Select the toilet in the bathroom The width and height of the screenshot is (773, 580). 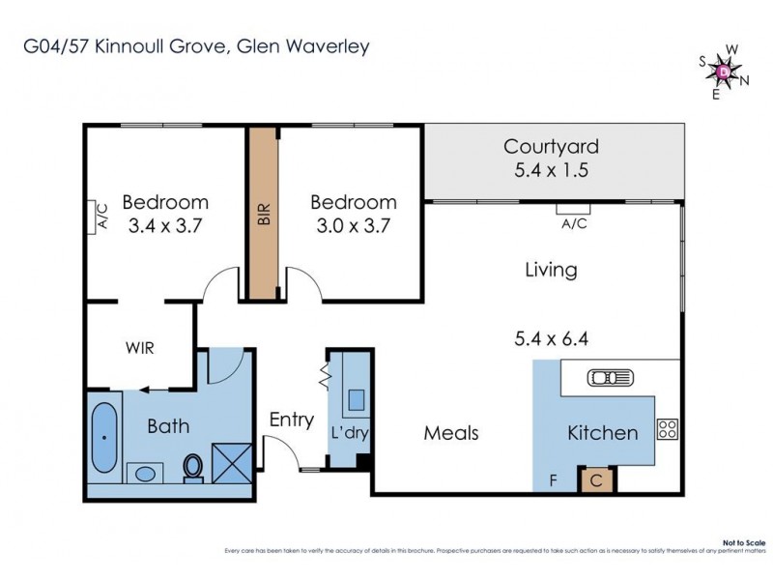pyautogui.click(x=193, y=468)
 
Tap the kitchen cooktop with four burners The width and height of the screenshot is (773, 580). pyautogui.click(x=668, y=428)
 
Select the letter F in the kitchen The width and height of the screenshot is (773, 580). pyautogui.click(x=553, y=478)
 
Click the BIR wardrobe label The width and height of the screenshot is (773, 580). pyautogui.click(x=262, y=214)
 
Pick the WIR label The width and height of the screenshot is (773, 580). pyautogui.click(x=139, y=347)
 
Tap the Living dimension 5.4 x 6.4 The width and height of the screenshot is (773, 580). pyautogui.click(x=551, y=339)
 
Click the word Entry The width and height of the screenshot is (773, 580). pyautogui.click(x=291, y=420)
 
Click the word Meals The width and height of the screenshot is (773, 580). pyautogui.click(x=451, y=432)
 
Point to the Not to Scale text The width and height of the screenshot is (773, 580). pyautogui.click(x=748, y=543)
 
